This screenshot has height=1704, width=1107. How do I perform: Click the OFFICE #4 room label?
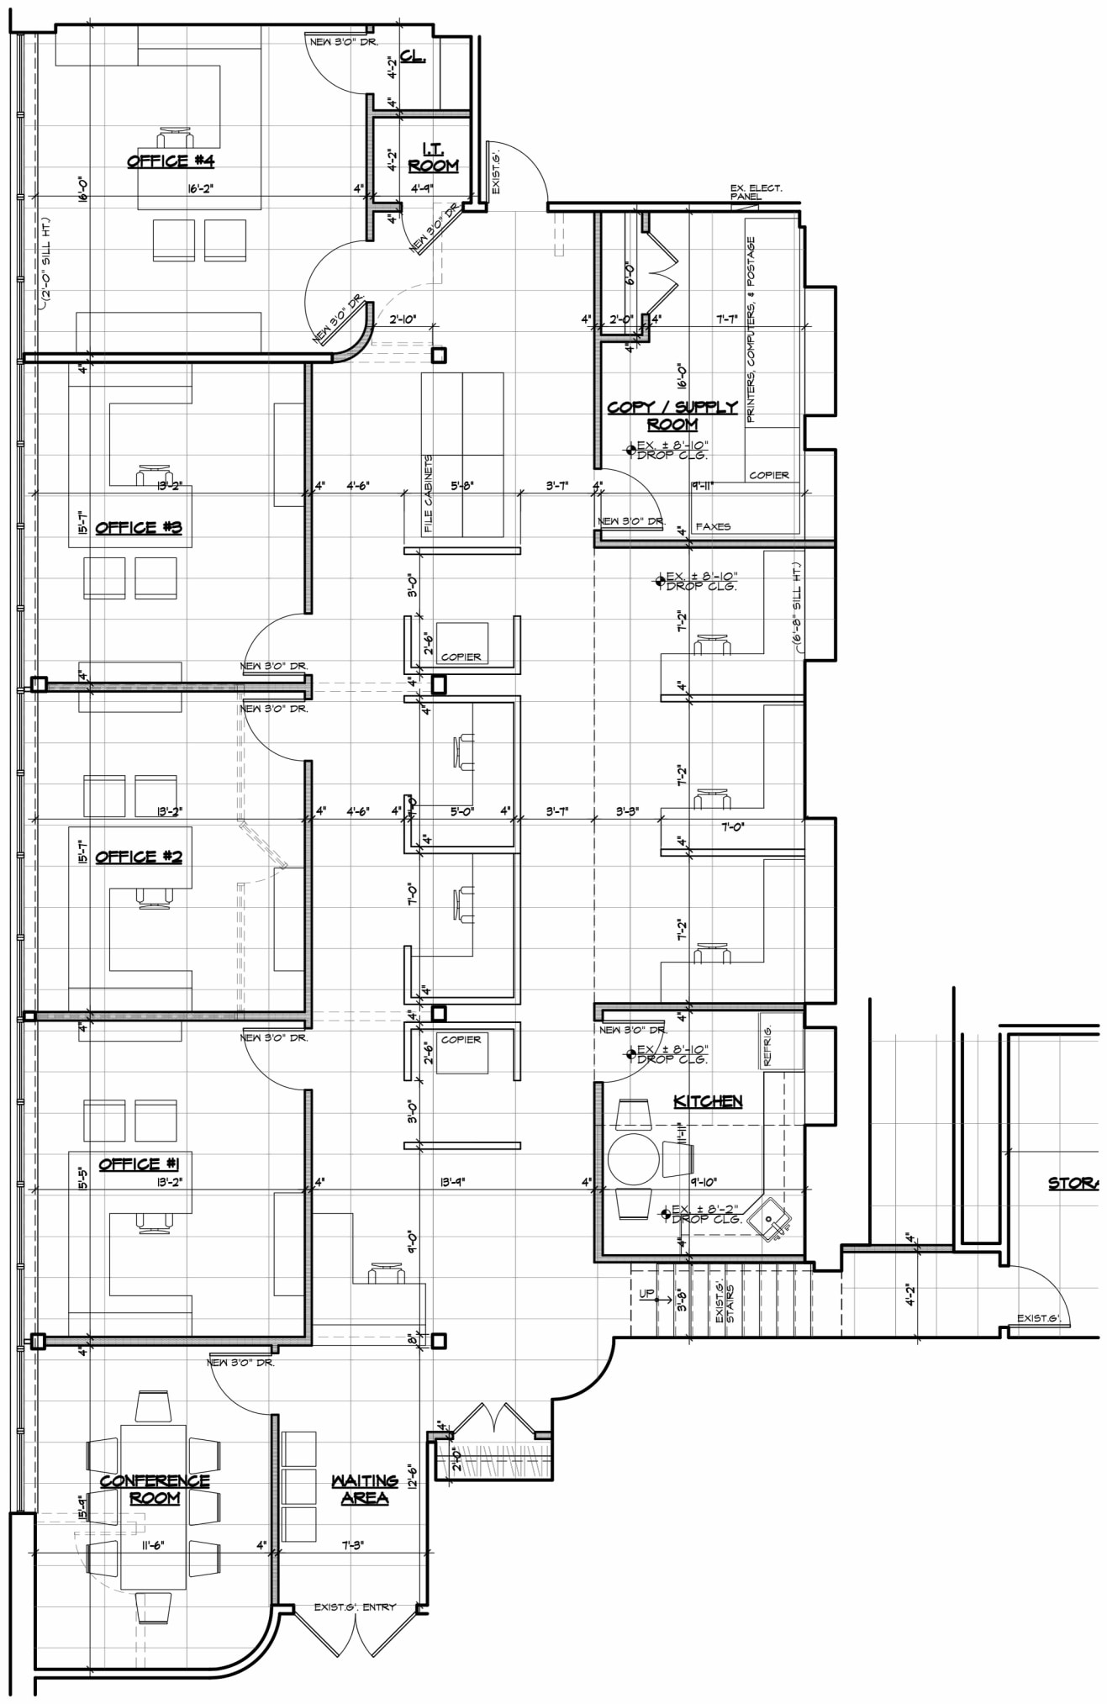[171, 161]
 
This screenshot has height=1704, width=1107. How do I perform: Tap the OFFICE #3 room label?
[139, 527]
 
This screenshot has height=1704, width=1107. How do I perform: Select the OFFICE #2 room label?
[139, 857]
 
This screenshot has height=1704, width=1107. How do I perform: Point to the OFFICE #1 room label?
[139, 1163]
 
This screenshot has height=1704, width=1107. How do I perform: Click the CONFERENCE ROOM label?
[155, 1489]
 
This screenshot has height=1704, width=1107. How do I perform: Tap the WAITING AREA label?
[364, 1489]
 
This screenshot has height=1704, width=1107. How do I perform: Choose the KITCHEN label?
[708, 1100]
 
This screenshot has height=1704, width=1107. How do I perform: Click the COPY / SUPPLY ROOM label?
[672, 415]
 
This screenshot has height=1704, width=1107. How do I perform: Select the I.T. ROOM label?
[434, 157]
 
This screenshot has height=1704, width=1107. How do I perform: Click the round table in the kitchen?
[635, 1158]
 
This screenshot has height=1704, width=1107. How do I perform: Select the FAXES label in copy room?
[713, 526]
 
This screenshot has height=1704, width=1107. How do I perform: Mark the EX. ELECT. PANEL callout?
[756, 193]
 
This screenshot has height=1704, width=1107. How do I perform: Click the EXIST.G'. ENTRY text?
[355, 1606]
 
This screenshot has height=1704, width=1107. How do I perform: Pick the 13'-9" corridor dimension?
[451, 1181]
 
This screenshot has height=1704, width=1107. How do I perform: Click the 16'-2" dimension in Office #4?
[201, 189]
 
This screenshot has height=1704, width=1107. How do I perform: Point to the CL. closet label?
[413, 55]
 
